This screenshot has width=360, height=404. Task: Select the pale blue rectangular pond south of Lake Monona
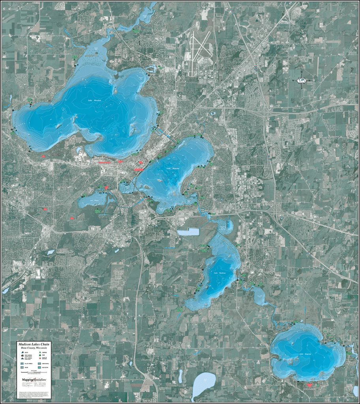click(x=188, y=232)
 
